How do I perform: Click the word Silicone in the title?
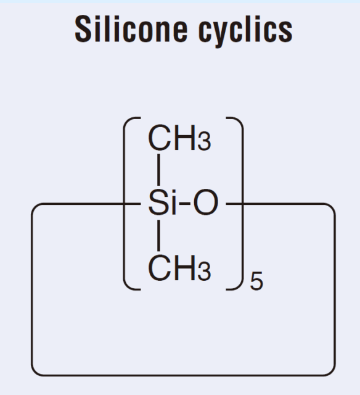coord(131,29)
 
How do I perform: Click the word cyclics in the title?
coord(245,31)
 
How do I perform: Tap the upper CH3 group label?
coord(179,138)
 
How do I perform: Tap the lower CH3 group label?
coord(179,267)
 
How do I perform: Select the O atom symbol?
coord(205,202)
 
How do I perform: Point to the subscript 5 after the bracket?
coord(256,281)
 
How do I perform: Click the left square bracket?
coord(124,204)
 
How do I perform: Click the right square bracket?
coord(242,204)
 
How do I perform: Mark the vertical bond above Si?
coord(158,170)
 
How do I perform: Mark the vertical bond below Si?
coord(158,235)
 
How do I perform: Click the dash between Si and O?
coord(185,204)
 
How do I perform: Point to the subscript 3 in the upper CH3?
coord(204,142)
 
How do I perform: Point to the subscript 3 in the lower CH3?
coord(204,272)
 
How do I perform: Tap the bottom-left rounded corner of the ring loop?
coord(36,372)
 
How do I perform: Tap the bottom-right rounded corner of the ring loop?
coord(331,372)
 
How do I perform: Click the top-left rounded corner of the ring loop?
coord(36,207)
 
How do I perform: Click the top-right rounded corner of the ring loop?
coord(331,207)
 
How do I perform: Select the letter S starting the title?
coord(83,29)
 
